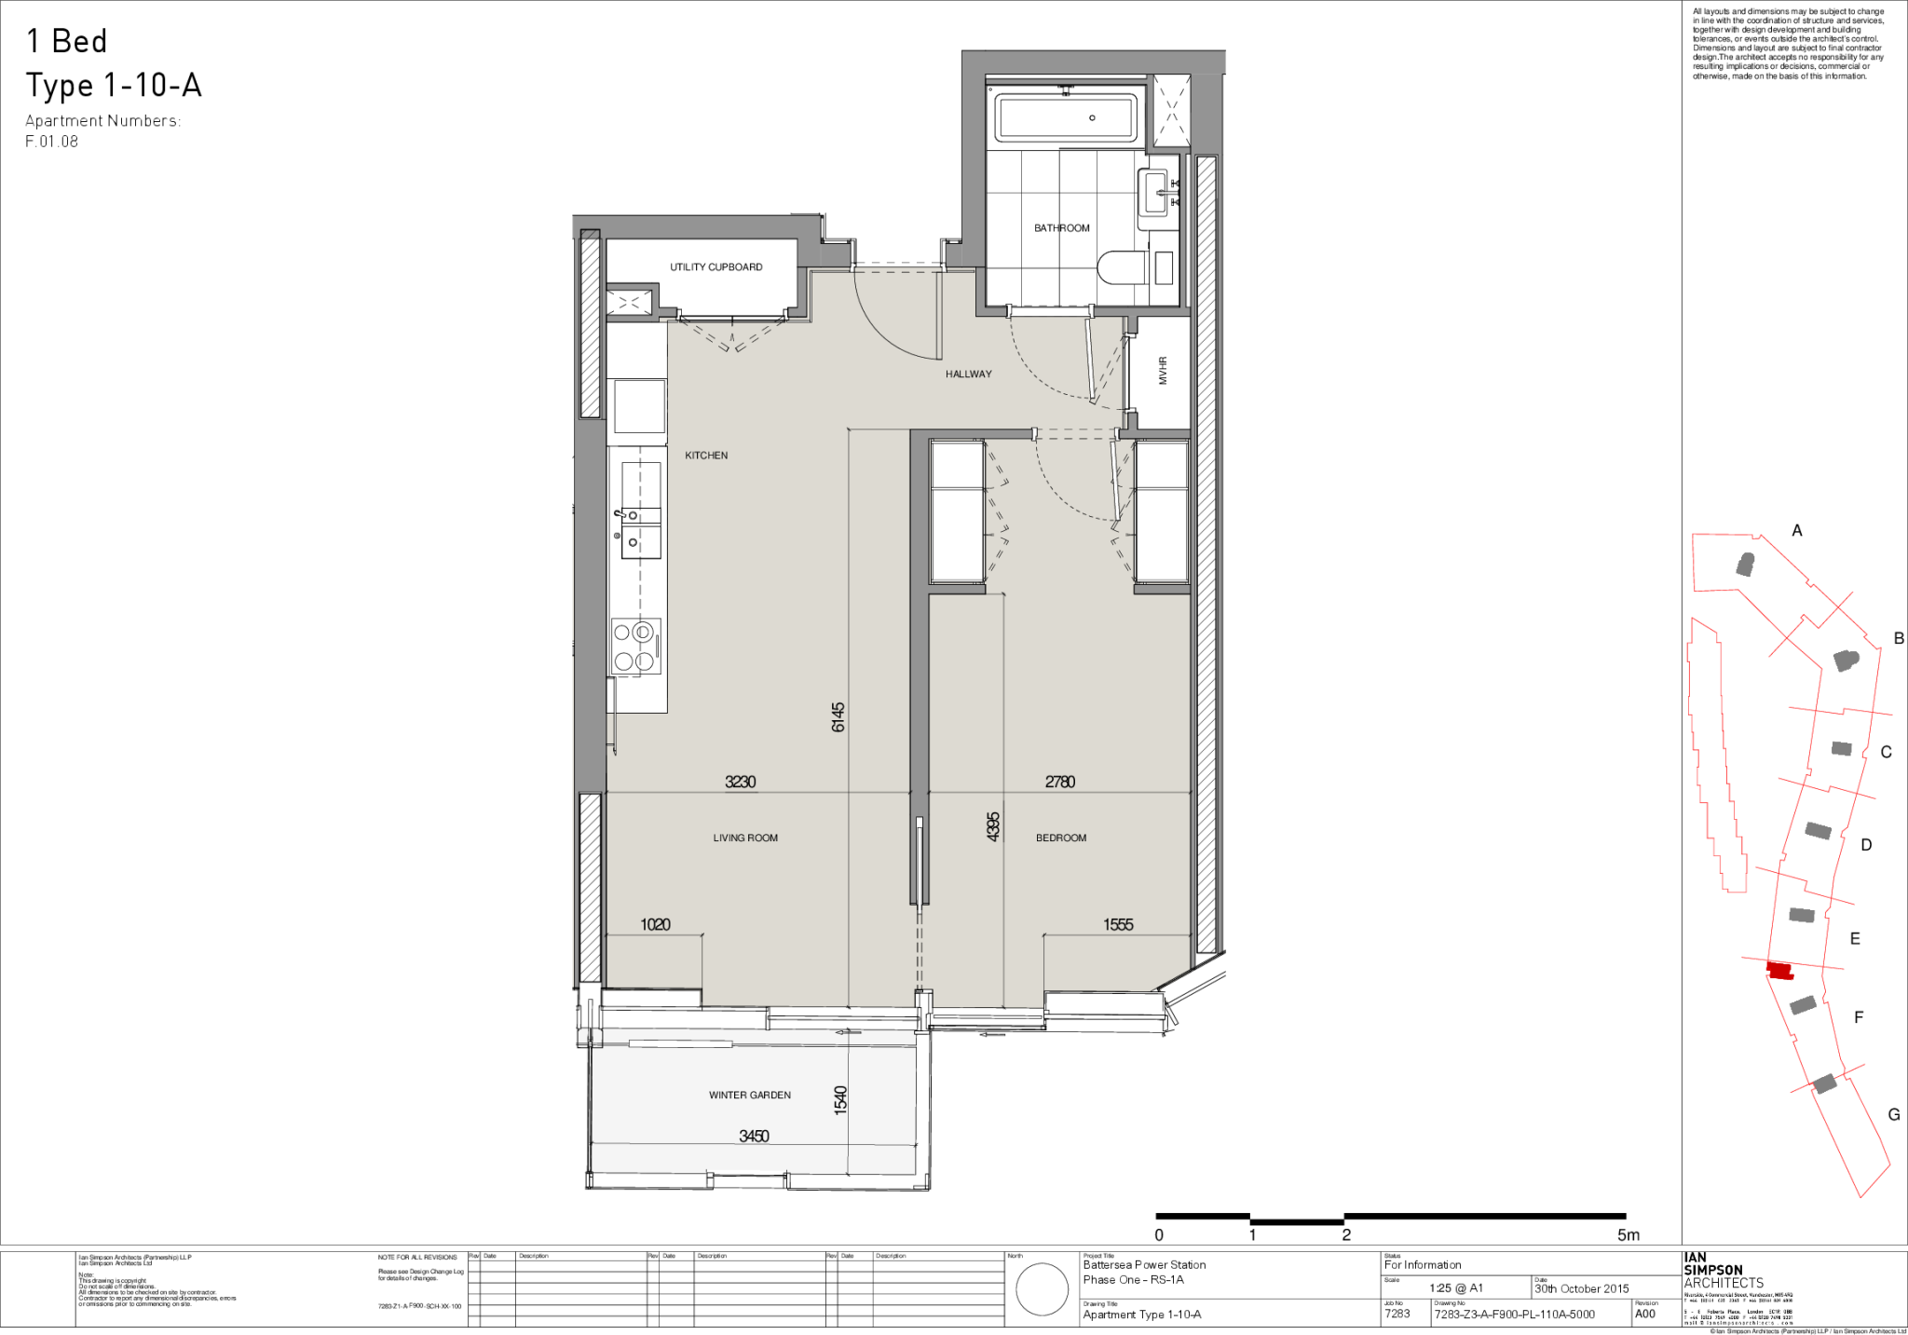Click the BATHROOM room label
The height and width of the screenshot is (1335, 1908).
click(1061, 228)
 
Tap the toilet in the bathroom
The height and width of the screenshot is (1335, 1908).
click(1118, 268)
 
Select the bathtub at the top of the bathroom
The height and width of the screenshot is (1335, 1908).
click(1066, 117)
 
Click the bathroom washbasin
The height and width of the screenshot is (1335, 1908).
click(1155, 194)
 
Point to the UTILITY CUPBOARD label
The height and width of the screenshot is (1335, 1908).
click(715, 267)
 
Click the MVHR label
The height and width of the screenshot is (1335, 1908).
click(1163, 371)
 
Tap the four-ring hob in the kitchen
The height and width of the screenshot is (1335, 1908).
click(635, 647)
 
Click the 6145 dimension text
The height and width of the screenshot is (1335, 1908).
click(838, 716)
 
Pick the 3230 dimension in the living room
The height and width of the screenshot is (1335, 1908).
click(740, 782)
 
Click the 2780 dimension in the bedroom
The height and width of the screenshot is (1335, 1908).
click(1059, 782)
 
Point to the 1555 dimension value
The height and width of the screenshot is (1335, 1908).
click(1117, 924)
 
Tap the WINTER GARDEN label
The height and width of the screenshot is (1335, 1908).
click(749, 1095)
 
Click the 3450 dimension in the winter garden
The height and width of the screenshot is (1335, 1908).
click(753, 1136)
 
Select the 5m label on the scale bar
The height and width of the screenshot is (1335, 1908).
click(1628, 1235)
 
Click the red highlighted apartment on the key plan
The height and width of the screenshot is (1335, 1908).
click(1779, 971)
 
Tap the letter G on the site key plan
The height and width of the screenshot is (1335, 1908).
click(1893, 1114)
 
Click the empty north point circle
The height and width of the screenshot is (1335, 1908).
click(1042, 1290)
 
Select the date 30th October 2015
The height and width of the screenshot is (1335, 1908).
click(1582, 1289)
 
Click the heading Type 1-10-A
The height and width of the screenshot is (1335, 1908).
click(113, 86)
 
